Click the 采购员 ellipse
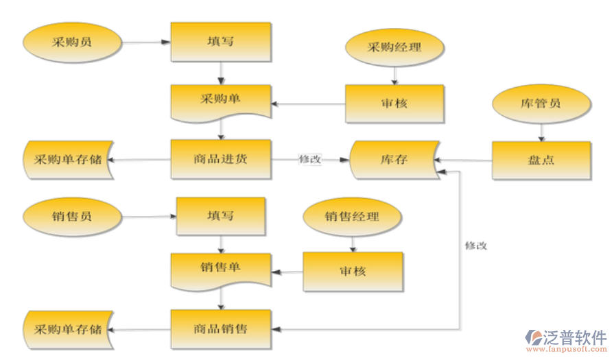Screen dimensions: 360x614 (x=72, y=42)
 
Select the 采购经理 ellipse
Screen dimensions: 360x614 (x=394, y=47)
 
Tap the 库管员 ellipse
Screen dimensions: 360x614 (x=541, y=104)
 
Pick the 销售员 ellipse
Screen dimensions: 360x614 (x=71, y=216)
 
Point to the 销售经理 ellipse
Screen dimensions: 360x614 (x=352, y=217)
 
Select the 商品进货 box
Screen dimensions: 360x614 (x=221, y=159)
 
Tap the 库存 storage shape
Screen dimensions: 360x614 (x=394, y=160)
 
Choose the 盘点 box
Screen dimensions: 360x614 (x=541, y=160)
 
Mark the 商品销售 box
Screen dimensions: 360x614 (x=221, y=328)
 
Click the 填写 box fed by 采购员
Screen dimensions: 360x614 (x=221, y=42)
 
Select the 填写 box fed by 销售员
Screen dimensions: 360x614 (x=221, y=216)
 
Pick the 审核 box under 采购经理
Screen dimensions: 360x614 (x=394, y=104)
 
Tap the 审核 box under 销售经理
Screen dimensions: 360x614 (x=353, y=271)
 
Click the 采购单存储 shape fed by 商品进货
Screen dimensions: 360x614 (x=68, y=160)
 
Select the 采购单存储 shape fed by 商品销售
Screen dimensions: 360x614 (x=68, y=329)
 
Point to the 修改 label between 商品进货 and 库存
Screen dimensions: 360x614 (x=310, y=158)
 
